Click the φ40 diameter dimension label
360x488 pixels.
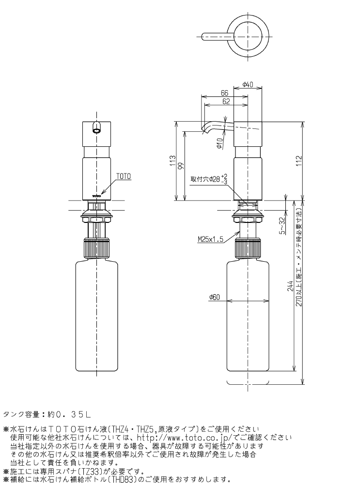point(248,85)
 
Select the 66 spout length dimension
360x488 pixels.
point(224,93)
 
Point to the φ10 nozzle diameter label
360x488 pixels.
point(219,142)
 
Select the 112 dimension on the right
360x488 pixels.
point(299,159)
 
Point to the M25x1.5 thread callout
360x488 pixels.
point(210,239)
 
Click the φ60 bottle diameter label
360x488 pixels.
point(215,298)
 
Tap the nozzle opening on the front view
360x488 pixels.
point(96,129)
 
